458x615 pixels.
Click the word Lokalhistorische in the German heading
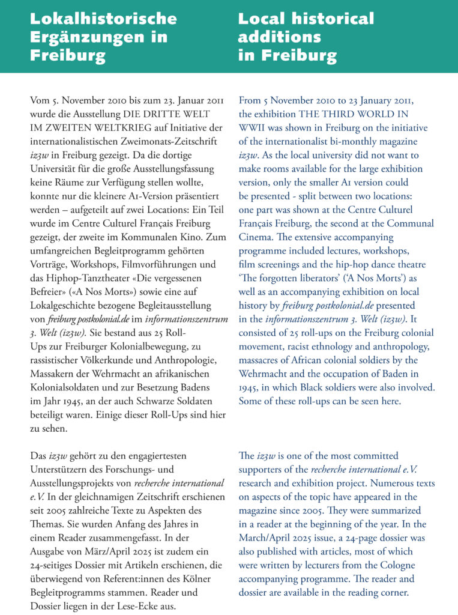coord(103,19)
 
